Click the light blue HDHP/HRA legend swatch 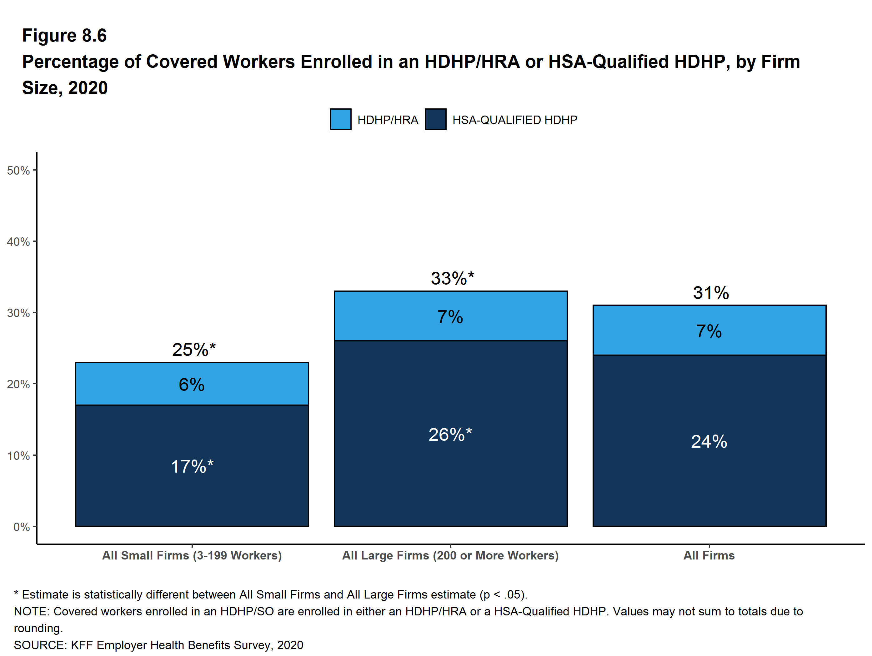(340, 119)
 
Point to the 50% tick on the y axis (18, 171)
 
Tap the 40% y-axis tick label (18, 241)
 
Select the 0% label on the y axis (22, 527)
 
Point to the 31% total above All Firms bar (711, 293)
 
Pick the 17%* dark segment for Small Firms (192, 466)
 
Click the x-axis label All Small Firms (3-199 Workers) (192, 555)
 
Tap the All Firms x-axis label (709, 555)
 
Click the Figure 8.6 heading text (64, 36)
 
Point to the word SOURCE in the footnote (39, 645)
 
